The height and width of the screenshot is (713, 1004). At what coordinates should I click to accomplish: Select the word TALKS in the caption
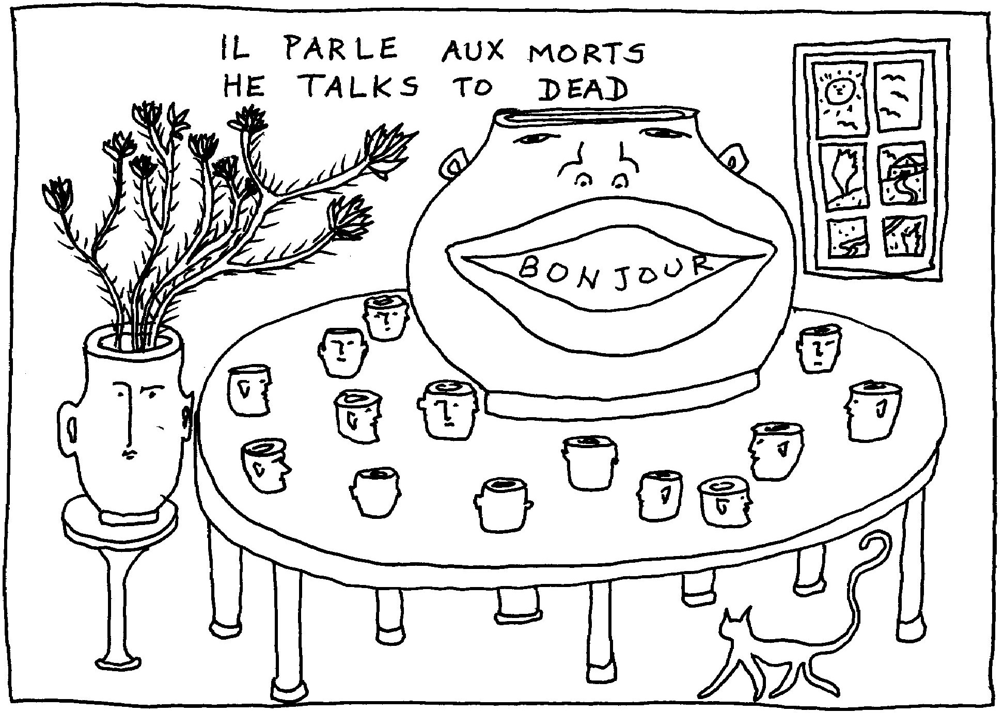[x=360, y=86]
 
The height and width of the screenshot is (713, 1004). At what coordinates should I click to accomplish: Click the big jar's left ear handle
[x=457, y=164]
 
